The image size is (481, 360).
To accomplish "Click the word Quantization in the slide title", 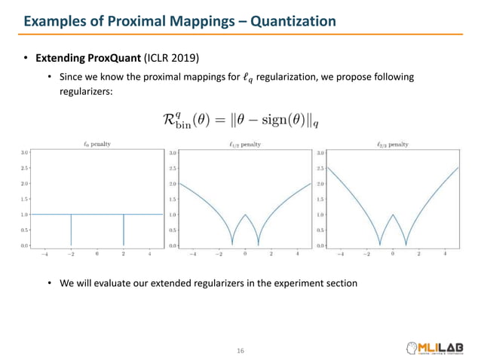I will pyautogui.click(x=291, y=22).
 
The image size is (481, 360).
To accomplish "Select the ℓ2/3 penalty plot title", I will pyautogui.click(x=392, y=144).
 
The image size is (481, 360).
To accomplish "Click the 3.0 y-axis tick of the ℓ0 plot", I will pyautogui.click(x=24, y=152).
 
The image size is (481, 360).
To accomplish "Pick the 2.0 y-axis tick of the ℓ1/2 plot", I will pyautogui.click(x=173, y=183).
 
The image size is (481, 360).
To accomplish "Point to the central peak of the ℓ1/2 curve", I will pyautogui.click(x=244, y=215).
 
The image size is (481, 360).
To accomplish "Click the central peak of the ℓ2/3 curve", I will pyautogui.click(x=393, y=215).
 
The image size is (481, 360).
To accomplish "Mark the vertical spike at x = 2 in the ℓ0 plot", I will pyautogui.click(x=123, y=230).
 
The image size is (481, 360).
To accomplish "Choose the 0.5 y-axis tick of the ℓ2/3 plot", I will pyautogui.click(x=321, y=230).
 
